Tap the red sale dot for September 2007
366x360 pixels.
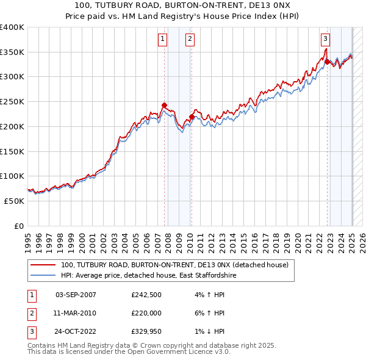[x=164, y=106]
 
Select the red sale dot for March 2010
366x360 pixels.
[x=192, y=117]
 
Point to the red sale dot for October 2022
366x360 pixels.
[x=327, y=62]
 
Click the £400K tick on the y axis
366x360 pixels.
[x=12, y=27]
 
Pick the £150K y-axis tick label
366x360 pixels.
[x=12, y=151]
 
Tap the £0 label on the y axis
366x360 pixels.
[x=18, y=226]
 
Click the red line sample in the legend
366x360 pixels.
[x=43, y=265]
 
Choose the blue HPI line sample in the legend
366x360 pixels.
[x=43, y=276]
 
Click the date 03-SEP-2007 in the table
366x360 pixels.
[x=76, y=295]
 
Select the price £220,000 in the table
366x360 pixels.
[x=146, y=313]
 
